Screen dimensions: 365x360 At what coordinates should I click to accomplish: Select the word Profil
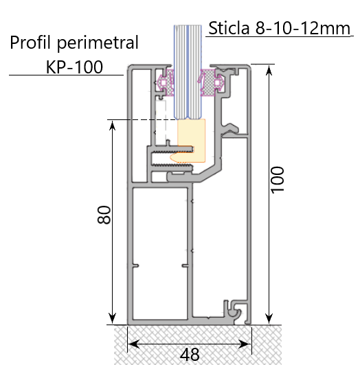[33, 43]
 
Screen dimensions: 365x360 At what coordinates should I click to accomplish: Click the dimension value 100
[277, 180]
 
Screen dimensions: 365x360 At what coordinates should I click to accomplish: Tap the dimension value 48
[190, 354]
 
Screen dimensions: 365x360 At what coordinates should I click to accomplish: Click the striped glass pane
[186, 69]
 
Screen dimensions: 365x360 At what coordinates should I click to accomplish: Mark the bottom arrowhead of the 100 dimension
[267, 319]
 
